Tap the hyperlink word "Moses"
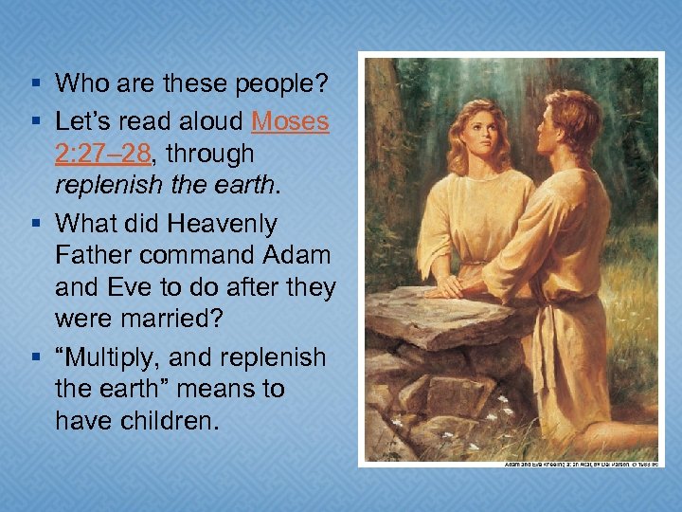(290, 122)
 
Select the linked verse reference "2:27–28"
(106, 154)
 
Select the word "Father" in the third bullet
(98, 256)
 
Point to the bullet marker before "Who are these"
(35, 84)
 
